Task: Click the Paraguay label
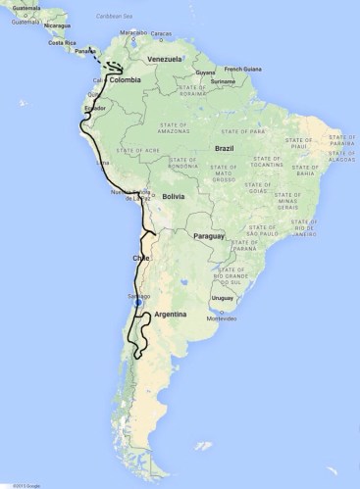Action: (x=209, y=237)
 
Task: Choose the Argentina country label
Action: (x=166, y=315)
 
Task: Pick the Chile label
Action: (x=139, y=258)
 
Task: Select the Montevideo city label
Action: (x=224, y=318)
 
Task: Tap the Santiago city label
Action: (x=137, y=295)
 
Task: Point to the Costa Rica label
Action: (x=55, y=44)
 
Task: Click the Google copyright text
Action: (x=14, y=484)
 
